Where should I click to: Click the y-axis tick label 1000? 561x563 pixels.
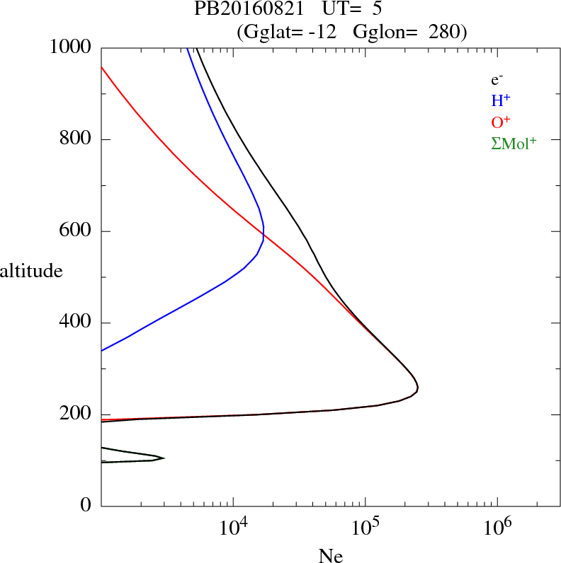[72, 48]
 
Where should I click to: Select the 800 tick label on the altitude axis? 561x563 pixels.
[76, 139]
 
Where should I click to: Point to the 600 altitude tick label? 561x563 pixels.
[76, 231]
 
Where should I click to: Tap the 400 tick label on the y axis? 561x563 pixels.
[76, 323]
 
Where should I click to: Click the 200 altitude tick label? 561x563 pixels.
[76, 414]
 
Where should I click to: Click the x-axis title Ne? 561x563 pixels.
[330, 555]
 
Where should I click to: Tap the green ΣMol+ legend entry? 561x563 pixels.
[513, 143]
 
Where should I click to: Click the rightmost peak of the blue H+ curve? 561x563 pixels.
[263, 231]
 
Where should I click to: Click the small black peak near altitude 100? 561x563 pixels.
[164, 458]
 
